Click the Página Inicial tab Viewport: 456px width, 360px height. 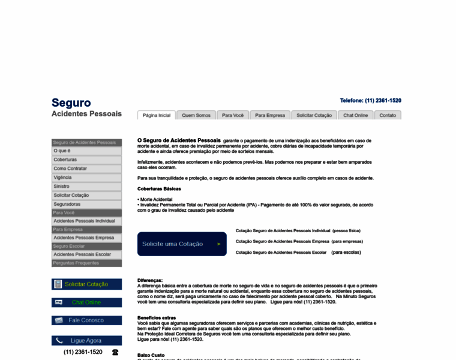[157, 115]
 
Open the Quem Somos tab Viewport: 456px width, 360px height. [196, 115]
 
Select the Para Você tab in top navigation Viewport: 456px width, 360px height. [233, 115]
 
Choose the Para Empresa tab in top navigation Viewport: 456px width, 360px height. [270, 115]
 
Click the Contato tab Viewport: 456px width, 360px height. [388, 115]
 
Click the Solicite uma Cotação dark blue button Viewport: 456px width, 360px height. [182, 244]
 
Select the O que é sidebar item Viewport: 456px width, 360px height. [62, 151]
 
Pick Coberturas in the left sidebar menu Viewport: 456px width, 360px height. [65, 160]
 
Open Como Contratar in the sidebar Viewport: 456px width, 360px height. [70, 169]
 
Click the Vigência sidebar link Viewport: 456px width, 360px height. [62, 178]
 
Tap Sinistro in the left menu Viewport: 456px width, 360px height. [62, 187]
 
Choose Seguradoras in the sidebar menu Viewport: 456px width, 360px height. [67, 204]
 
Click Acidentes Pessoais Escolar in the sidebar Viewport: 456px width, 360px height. [82, 254]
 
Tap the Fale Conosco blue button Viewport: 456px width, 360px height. [86, 320]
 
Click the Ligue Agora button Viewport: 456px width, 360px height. [86, 341]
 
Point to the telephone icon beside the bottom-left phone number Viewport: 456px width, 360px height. [115, 352]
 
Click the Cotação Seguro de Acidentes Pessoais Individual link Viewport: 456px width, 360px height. [283, 230]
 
